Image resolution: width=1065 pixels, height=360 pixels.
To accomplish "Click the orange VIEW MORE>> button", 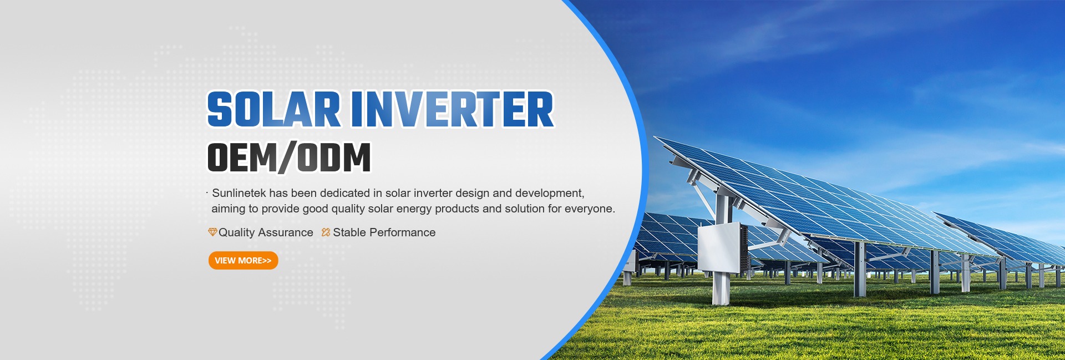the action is [x=243, y=260].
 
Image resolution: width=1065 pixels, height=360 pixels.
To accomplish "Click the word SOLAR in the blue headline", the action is [x=273, y=109].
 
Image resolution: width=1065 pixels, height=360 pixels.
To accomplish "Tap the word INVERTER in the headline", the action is [x=452, y=109].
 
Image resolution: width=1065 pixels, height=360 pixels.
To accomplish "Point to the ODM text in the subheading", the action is [x=334, y=158].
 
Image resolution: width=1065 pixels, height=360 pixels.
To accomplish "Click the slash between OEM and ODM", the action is [x=287, y=158].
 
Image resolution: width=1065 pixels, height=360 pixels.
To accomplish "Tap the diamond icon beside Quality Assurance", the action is [x=212, y=232].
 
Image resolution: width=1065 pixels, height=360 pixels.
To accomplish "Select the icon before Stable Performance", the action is [x=326, y=232].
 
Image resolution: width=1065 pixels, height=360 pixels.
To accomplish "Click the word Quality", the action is [x=237, y=232].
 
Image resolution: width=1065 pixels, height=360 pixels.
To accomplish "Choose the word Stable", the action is [x=349, y=232].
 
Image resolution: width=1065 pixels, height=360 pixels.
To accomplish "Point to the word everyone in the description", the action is [x=590, y=209].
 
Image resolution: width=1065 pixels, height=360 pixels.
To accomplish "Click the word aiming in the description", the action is [x=228, y=210].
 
